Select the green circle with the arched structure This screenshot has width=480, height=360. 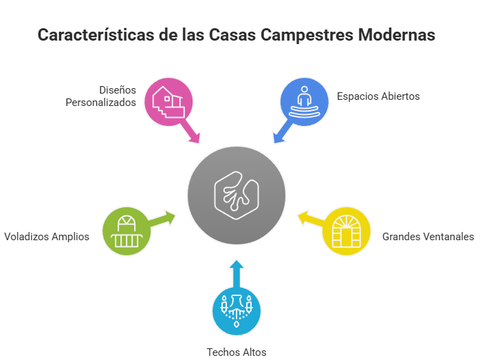125,231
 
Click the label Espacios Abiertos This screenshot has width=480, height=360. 378,96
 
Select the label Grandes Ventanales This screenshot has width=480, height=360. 428,236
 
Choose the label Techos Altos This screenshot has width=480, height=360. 237,352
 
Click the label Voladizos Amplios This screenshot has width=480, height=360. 46,236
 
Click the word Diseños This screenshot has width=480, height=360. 118,90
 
